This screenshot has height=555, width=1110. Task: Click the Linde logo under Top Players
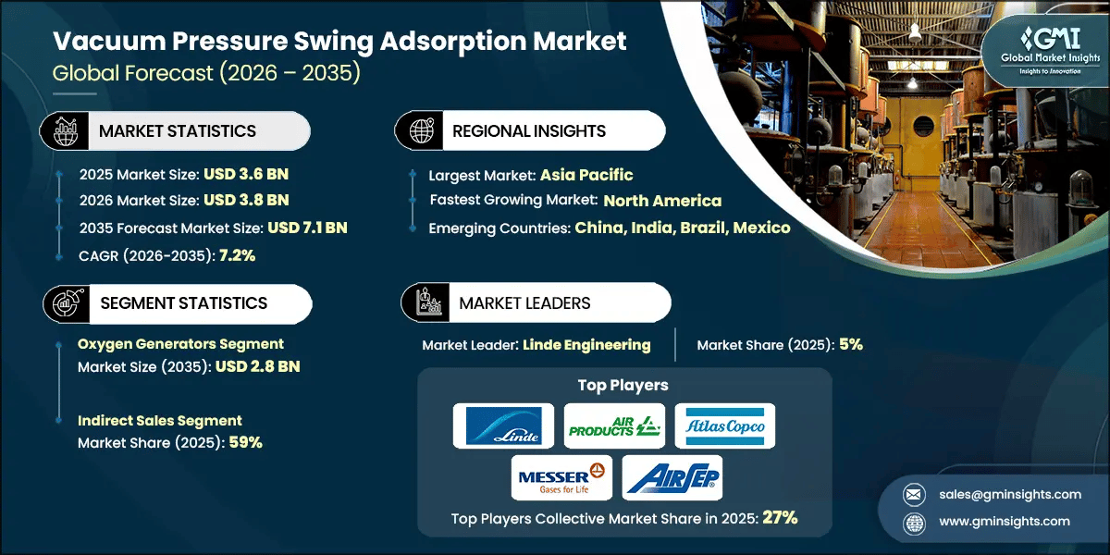503,425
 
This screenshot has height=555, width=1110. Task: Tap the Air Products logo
614,425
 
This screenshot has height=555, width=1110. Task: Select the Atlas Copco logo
724,425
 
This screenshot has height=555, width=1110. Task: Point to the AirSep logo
672,477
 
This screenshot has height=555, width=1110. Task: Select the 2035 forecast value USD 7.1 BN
307,228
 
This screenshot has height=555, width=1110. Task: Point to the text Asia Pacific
586,174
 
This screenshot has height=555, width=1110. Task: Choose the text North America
662,201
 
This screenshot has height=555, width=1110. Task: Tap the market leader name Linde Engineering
586,344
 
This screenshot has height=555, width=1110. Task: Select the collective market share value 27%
779,518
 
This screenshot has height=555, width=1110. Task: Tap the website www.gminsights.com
1005,521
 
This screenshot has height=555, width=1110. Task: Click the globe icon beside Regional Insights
422,130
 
